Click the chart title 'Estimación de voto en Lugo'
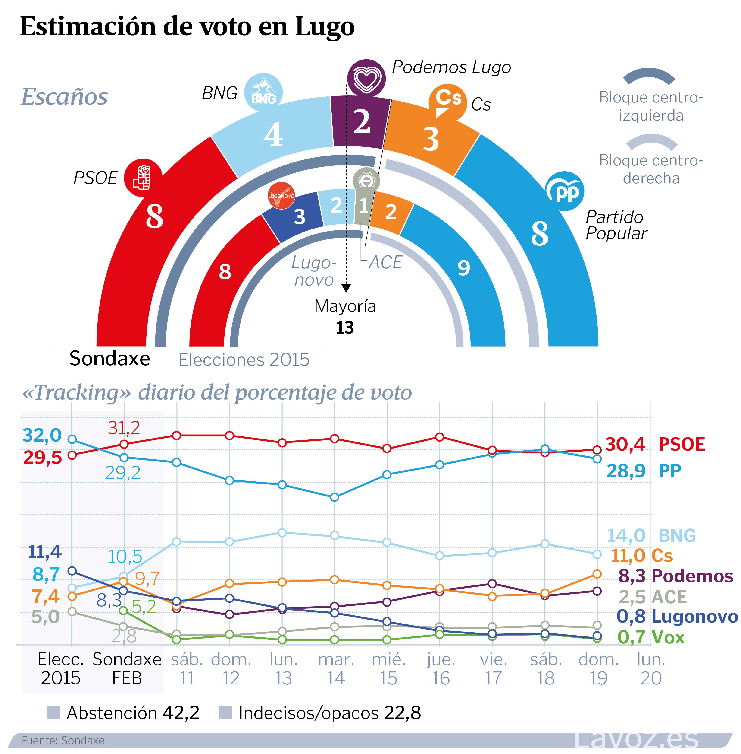[187, 26]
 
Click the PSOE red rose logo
[143, 178]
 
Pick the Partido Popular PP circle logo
[565, 191]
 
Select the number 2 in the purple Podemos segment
[362, 122]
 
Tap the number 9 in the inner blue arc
[463, 268]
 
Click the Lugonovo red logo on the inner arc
[281, 195]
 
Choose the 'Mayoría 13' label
[345, 316]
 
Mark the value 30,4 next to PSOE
[625, 444]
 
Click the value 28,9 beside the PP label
[626, 471]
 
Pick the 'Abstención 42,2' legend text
[133, 713]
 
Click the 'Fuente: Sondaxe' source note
[63, 740]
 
